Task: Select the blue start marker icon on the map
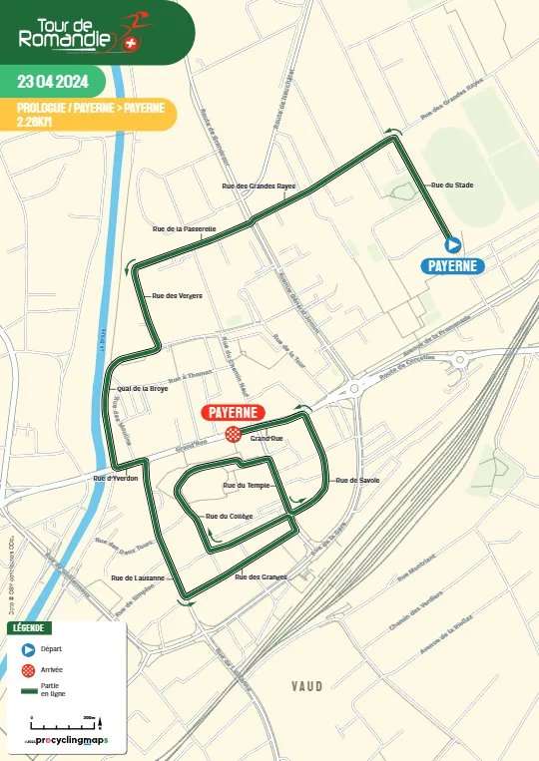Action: tap(452, 243)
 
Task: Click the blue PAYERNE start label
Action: tap(454, 265)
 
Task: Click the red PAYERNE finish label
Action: tap(233, 412)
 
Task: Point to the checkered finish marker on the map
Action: tap(233, 433)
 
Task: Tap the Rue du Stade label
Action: tap(451, 185)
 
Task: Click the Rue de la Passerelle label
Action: tap(185, 228)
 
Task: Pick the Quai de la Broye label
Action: tap(142, 388)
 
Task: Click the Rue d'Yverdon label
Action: tap(115, 479)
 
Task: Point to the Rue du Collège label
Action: tap(229, 516)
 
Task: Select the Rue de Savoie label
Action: tap(357, 480)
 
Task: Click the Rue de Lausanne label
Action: tap(138, 577)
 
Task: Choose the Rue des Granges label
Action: tap(261, 576)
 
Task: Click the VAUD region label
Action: tap(307, 686)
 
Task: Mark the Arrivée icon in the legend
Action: tap(28, 669)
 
